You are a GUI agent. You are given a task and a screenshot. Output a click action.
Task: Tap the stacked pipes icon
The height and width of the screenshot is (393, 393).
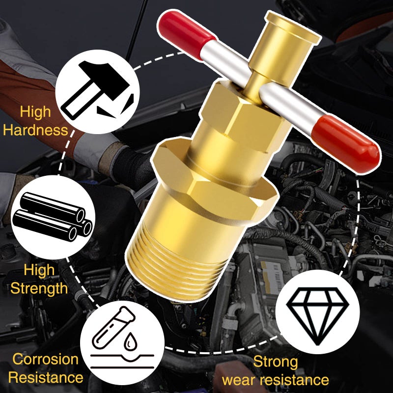click(x=53, y=217)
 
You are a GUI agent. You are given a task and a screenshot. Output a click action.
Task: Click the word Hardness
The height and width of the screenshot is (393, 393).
click(x=35, y=130)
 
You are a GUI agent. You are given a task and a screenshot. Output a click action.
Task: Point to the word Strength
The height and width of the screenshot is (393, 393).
click(x=39, y=288)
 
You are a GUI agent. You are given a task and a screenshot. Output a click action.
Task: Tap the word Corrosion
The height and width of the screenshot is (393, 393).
click(x=45, y=359)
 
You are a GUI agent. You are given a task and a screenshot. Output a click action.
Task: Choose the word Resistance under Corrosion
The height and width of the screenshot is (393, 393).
click(x=46, y=377)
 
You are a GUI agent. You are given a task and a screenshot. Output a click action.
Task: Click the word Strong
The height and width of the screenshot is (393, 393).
click(x=276, y=362)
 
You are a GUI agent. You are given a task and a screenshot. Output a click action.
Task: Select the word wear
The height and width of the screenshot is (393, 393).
click(x=239, y=380)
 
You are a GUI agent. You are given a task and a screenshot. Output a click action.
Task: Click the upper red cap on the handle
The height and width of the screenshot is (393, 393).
click(x=186, y=34)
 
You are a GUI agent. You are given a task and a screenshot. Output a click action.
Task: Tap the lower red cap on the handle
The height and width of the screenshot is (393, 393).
click(x=346, y=143)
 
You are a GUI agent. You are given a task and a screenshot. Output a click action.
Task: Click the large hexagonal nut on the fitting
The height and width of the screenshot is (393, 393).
click(x=213, y=183)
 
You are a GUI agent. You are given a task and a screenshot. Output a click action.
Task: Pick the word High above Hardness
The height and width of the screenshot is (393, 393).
click(x=35, y=112)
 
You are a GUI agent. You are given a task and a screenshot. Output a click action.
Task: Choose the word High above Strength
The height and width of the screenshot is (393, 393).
click(x=39, y=270)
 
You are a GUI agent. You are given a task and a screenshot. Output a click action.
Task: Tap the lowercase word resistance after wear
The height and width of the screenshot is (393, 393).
click(x=294, y=380)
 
